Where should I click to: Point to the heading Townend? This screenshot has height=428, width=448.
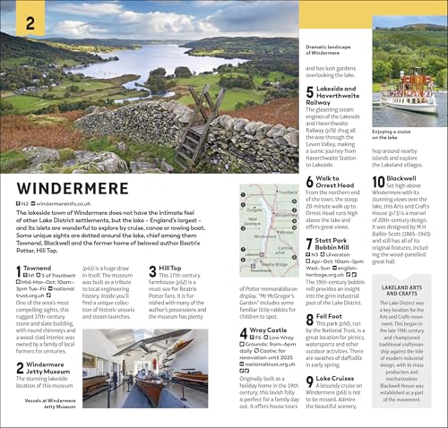tap(38, 268)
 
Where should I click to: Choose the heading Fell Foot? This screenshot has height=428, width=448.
tap(329, 317)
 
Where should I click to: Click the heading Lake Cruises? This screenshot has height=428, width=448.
tap(335, 379)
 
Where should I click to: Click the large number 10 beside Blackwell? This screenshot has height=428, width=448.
tap(378, 182)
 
